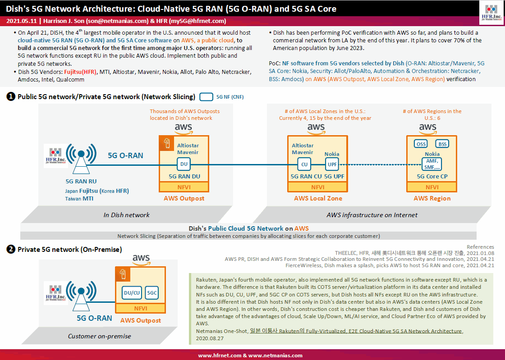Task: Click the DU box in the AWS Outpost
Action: coord(184,164)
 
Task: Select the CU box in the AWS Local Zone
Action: coord(304,164)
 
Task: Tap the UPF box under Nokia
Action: coord(332,164)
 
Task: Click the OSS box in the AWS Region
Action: coord(421,144)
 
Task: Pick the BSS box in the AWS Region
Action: coord(442,144)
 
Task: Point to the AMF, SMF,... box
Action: coord(432,164)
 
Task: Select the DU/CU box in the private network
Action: coord(132,293)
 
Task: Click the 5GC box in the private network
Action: coord(151,293)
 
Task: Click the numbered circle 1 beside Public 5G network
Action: coord(11,96)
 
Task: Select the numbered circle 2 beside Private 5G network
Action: coord(11,249)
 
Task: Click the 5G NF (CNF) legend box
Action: coord(207,97)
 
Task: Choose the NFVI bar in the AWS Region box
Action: coord(432,187)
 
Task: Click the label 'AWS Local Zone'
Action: coord(318,199)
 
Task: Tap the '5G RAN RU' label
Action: coord(81,182)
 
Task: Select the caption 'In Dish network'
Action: coord(126,215)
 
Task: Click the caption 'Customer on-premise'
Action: coord(100,336)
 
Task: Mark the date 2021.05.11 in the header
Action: coord(22,21)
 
